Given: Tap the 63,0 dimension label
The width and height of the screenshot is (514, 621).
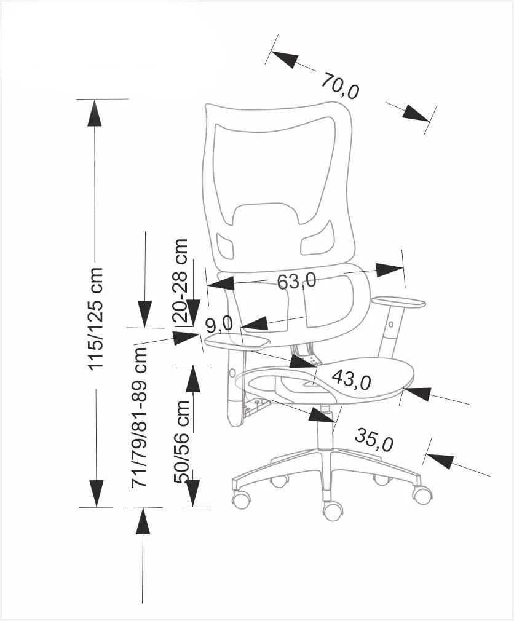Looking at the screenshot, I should [x=296, y=281].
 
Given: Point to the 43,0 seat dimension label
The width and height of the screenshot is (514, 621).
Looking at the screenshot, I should [x=351, y=380].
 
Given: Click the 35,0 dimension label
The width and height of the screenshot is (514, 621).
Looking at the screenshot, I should [x=374, y=440].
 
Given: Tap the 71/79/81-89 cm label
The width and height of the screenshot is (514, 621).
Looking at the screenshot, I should [x=141, y=418].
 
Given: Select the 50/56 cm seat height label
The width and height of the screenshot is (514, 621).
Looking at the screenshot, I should [x=183, y=441].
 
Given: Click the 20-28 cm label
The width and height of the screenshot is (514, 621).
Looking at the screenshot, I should [x=181, y=280].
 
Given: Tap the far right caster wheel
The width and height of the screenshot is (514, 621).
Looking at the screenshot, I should [x=422, y=494].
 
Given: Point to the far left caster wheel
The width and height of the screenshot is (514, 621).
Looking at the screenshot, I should [x=241, y=499].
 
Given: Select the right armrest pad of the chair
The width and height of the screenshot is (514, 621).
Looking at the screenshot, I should [x=398, y=301].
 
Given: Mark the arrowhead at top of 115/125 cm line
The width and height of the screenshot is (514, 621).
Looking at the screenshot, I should [x=94, y=113].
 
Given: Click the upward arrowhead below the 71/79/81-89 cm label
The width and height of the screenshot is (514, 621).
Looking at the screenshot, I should [x=143, y=521].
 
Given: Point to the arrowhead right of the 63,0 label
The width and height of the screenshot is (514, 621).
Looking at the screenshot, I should [x=389, y=269].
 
